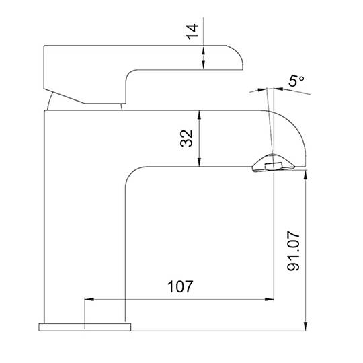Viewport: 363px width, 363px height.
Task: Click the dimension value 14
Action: click(192, 32)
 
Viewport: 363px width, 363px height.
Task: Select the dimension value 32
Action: click(186, 138)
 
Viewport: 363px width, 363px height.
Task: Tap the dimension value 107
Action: click(180, 286)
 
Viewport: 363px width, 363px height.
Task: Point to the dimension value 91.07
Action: click(293, 251)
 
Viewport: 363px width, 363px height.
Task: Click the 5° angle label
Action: click(296, 81)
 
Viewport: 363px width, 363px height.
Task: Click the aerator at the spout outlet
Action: click(274, 163)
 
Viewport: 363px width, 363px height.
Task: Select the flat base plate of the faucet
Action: click(85, 327)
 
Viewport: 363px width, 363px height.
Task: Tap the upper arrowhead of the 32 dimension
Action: click(199, 114)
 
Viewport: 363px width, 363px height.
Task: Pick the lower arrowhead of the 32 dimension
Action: click(199, 162)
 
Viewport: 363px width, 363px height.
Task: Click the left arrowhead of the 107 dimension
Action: click(89, 299)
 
